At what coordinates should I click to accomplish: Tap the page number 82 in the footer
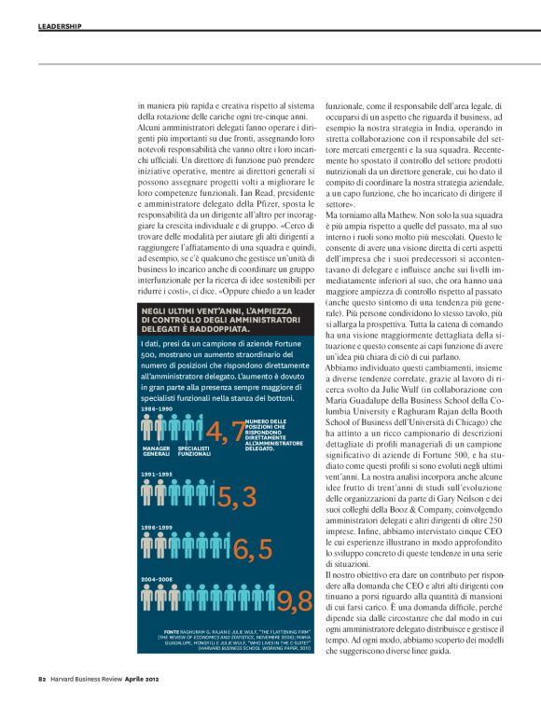pos(43,679)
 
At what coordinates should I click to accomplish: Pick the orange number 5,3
pos(237,498)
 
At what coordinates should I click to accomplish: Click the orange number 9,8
pos(293,601)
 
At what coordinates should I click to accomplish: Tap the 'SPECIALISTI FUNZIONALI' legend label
pos(195,451)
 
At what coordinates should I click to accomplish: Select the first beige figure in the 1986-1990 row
pos(146,428)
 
